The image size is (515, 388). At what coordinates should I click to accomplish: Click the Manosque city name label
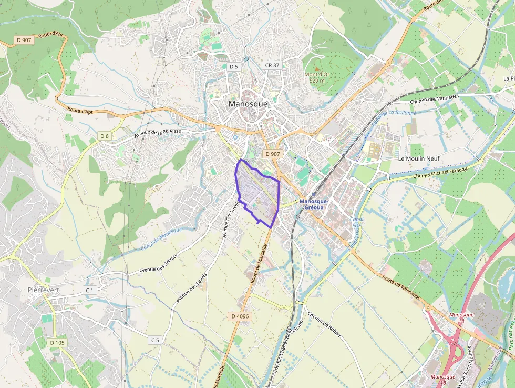pyautogui.click(x=248, y=104)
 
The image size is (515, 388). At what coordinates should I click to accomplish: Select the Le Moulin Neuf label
pyautogui.click(x=418, y=158)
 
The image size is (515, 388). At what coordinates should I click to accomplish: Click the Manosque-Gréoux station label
pyautogui.click(x=314, y=204)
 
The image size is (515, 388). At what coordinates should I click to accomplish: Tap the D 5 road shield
pyautogui.click(x=234, y=66)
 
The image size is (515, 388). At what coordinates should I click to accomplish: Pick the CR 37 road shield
pyautogui.click(x=272, y=65)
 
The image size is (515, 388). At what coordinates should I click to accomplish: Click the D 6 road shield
pyautogui.click(x=105, y=136)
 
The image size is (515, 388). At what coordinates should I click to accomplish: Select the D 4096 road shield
pyautogui.click(x=240, y=316)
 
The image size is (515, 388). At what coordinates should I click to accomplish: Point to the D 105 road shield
pyautogui.click(x=57, y=343)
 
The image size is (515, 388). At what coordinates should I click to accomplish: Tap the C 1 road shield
pyautogui.click(x=89, y=290)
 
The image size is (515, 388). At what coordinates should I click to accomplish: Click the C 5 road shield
pyautogui.click(x=154, y=340)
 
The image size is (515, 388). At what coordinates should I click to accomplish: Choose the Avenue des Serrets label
pyautogui.click(x=159, y=263)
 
